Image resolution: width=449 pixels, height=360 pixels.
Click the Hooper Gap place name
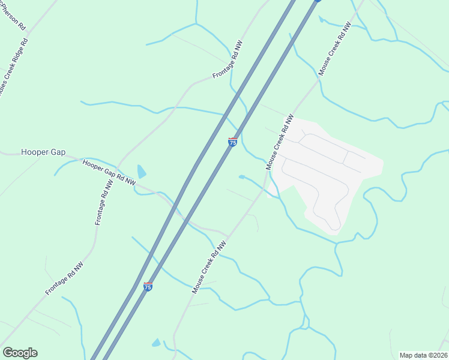pos(43,152)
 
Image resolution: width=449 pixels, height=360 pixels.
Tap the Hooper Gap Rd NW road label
pos(109,172)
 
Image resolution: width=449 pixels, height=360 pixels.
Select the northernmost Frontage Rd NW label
pos(228,61)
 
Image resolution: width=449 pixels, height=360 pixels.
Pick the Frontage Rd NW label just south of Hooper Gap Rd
pos(104,204)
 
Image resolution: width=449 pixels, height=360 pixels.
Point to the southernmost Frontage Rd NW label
pos(64,278)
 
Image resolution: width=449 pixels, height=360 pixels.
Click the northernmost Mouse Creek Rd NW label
pos(334,49)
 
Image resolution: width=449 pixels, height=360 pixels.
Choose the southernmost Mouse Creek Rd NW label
pos(209,267)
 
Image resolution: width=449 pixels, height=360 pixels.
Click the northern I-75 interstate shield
pos(233,142)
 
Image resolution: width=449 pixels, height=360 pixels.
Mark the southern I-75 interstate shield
pos(148,287)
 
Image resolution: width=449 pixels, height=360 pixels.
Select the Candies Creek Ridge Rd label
pos(13,66)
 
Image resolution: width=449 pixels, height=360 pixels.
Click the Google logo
pos(20,353)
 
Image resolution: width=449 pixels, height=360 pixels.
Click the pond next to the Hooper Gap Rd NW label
pos(142,172)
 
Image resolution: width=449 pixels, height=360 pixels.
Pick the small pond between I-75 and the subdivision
pos(241,176)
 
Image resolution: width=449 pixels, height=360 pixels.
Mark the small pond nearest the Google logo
pos(156,343)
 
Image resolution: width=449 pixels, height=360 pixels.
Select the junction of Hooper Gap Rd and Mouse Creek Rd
pos(228,235)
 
